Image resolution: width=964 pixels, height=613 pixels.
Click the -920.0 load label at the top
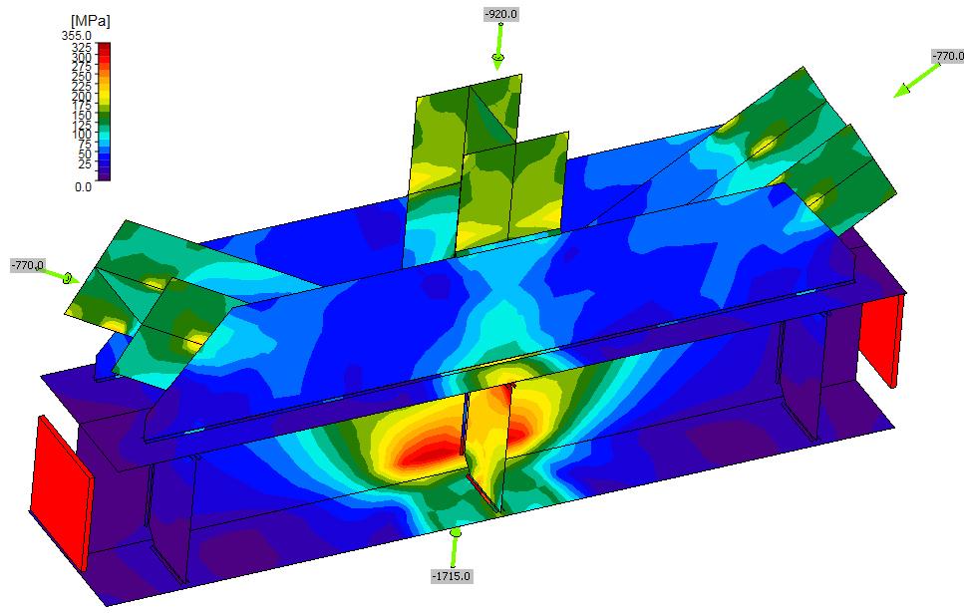(501, 14)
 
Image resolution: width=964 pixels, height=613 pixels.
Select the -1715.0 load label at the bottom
(452, 576)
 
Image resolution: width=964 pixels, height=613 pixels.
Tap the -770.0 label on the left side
(28, 265)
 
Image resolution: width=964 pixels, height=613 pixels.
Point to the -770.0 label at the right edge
(948, 56)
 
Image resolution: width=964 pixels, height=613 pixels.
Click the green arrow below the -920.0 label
(498, 47)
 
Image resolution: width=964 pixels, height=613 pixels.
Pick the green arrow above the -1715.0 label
(455, 548)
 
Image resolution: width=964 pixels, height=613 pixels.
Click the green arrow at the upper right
(917, 81)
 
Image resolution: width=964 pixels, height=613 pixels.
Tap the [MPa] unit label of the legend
(91, 21)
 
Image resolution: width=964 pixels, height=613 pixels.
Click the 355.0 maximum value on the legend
(76, 36)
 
